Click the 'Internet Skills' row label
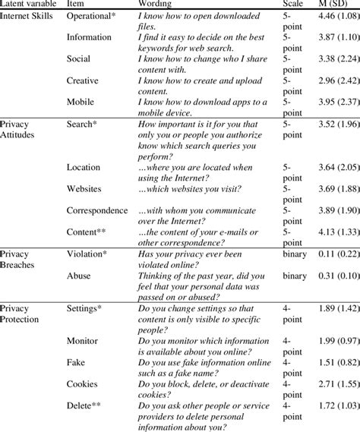tap(27, 15)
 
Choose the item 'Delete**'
tap(86, 408)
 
